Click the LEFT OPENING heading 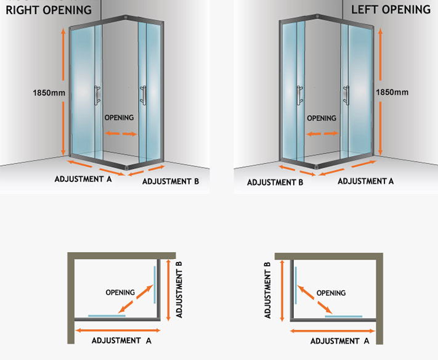(x=391, y=10)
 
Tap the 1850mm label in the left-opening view (x=392, y=92)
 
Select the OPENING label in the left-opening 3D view (x=322, y=118)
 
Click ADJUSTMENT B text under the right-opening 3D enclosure (x=171, y=182)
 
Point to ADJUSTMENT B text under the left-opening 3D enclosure (x=275, y=182)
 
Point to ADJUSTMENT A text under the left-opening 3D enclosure (x=365, y=181)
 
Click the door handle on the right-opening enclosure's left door (x=96, y=96)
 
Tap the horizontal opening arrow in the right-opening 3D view (x=121, y=133)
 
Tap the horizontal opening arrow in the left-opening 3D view (x=322, y=134)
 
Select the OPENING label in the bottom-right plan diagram (x=331, y=293)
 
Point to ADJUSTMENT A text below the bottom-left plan (x=121, y=340)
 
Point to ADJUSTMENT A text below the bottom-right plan (x=339, y=341)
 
